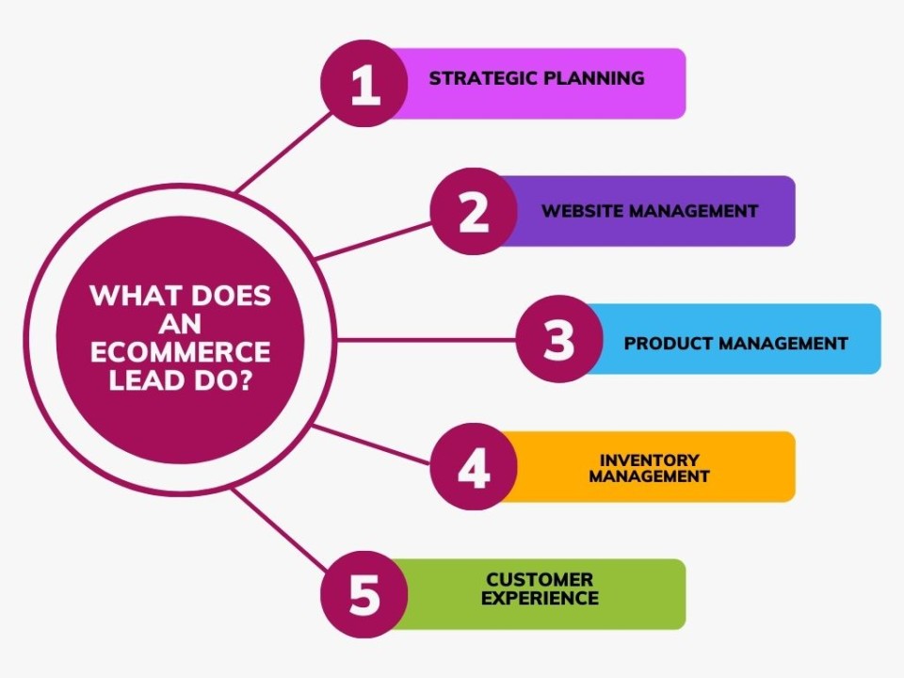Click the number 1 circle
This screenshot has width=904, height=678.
[364, 84]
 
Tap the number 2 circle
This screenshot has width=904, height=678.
[474, 211]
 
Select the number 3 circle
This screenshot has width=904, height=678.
[559, 339]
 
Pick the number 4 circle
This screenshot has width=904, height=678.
[474, 466]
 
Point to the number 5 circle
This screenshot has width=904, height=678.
[364, 594]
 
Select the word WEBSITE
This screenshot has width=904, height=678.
[583, 211]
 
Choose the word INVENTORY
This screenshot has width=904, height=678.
[649, 460]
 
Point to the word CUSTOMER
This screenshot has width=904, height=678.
[540, 579]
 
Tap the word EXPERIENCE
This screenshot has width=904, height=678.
[540, 598]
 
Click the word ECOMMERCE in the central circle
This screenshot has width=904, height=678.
[181, 351]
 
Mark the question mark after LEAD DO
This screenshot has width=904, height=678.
[244, 379]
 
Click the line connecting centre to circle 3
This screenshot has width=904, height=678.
[426, 340]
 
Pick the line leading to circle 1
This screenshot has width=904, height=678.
[284, 153]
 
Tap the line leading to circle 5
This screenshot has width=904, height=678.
[280, 529]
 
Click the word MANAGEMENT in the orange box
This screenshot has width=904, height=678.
[649, 476]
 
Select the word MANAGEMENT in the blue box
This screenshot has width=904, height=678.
[775, 344]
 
